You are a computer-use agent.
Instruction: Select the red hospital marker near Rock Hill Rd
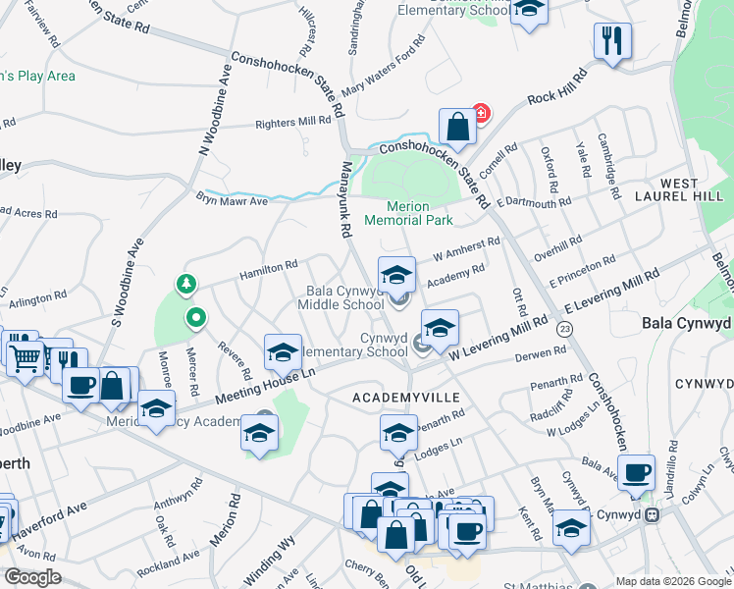tap(480, 113)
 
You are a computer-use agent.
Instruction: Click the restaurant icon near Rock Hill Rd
tap(612, 41)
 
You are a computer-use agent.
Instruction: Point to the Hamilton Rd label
tap(269, 267)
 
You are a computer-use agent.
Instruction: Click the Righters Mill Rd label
tap(292, 122)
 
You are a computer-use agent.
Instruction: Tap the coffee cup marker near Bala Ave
tap(636, 471)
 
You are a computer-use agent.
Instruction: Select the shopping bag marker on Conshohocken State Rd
tap(457, 127)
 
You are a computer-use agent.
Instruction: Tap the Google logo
tap(31, 577)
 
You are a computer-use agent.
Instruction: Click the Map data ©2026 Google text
tap(672, 581)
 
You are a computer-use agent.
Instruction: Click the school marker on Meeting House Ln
tap(282, 351)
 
